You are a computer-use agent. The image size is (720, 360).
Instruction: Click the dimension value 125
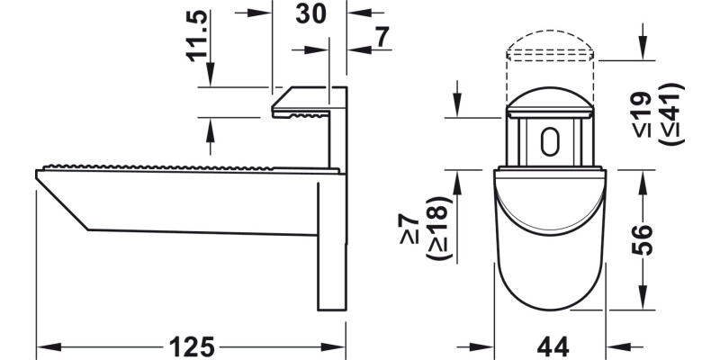(x=191, y=345)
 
